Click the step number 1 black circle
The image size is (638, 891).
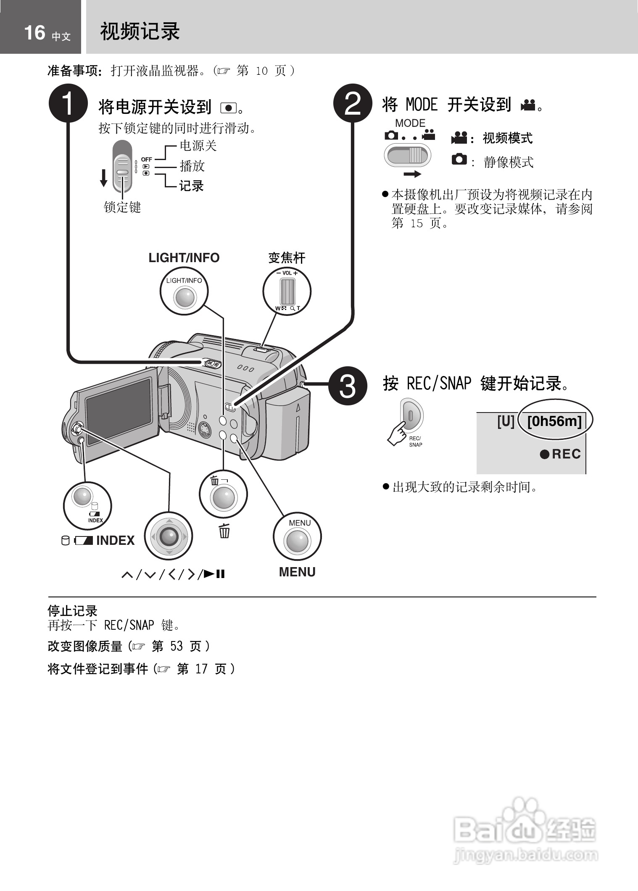(x=68, y=103)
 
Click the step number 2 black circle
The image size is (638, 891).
(x=353, y=103)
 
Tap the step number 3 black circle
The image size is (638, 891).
(x=347, y=386)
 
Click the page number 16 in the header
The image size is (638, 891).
(x=34, y=33)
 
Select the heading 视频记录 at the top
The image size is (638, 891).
(x=140, y=32)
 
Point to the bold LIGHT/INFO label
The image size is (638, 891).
(x=184, y=258)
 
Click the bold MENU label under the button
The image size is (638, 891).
(x=297, y=572)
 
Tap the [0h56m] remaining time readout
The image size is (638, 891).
(x=554, y=421)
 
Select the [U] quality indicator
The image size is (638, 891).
(x=506, y=421)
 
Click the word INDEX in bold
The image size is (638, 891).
(x=116, y=541)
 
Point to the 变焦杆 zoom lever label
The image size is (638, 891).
(x=287, y=258)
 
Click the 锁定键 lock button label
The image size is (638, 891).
(x=122, y=207)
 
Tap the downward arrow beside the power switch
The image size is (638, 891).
(x=103, y=178)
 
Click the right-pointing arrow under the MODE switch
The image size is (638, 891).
(x=412, y=174)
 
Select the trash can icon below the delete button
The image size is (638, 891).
(x=224, y=531)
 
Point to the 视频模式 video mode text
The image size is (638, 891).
(x=507, y=138)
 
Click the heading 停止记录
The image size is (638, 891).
(x=72, y=610)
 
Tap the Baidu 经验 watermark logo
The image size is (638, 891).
(x=525, y=830)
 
